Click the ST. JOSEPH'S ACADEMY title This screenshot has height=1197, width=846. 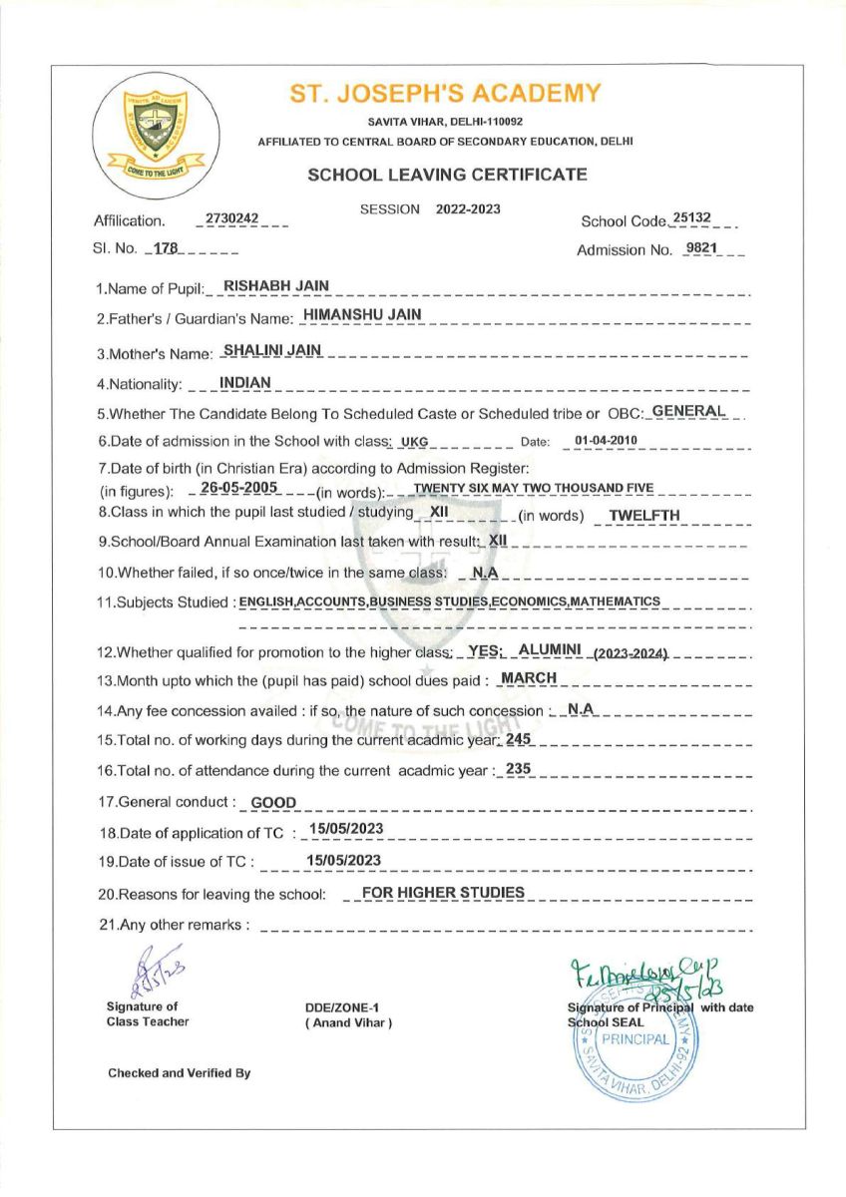445,94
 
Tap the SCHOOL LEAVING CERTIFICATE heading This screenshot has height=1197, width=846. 447,175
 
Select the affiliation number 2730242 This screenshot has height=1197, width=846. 231,218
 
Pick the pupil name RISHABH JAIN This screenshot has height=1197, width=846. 276,286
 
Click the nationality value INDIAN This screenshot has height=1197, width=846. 245,382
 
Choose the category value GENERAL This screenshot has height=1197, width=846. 689,411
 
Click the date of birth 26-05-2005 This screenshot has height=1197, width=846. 238,487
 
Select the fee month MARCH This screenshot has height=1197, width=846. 529,678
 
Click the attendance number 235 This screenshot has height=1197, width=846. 519,769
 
